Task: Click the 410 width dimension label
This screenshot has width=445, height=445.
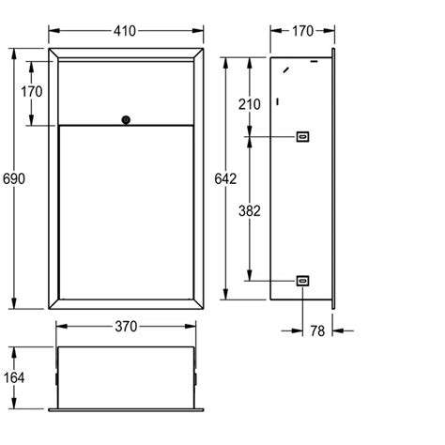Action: (126, 31)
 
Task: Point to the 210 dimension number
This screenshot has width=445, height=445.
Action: (249, 104)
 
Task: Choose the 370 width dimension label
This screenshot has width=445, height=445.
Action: (126, 327)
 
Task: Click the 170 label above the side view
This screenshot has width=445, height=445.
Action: (302, 31)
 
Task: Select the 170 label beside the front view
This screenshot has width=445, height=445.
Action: (30, 91)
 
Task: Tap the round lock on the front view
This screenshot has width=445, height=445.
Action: (126, 119)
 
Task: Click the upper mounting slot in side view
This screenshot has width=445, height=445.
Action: (302, 137)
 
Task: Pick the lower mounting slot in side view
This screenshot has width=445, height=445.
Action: (302, 280)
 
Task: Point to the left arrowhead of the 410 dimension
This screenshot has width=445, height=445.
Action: (54, 31)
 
